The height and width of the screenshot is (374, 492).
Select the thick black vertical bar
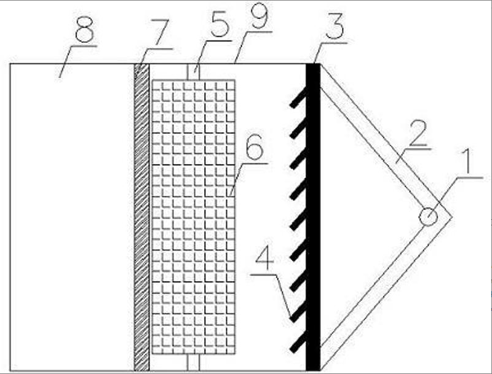coord(313,215)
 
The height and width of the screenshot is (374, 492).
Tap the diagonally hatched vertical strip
coord(141,215)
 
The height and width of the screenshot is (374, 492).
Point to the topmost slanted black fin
coord(299,98)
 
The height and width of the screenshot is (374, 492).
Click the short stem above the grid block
coord(193,71)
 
